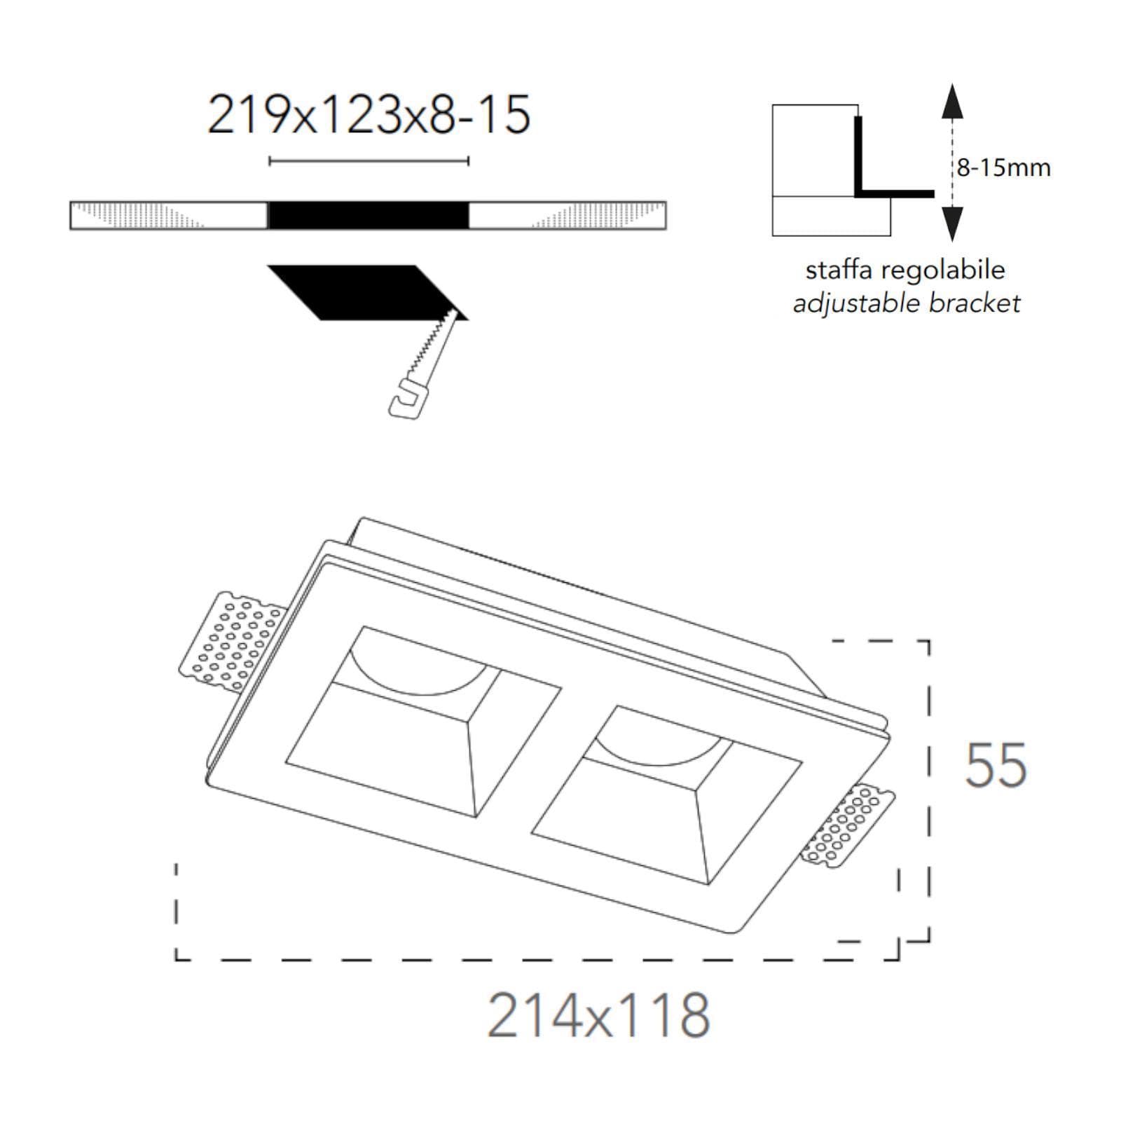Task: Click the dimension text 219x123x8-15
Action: point(369,115)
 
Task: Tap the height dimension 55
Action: point(996,765)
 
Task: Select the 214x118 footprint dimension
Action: point(599,1015)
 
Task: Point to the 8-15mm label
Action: point(1004,168)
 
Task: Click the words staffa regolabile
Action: point(905,270)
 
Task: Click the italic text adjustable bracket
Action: point(907,303)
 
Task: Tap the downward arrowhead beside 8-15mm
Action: point(951,224)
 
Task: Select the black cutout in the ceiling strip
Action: point(369,215)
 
